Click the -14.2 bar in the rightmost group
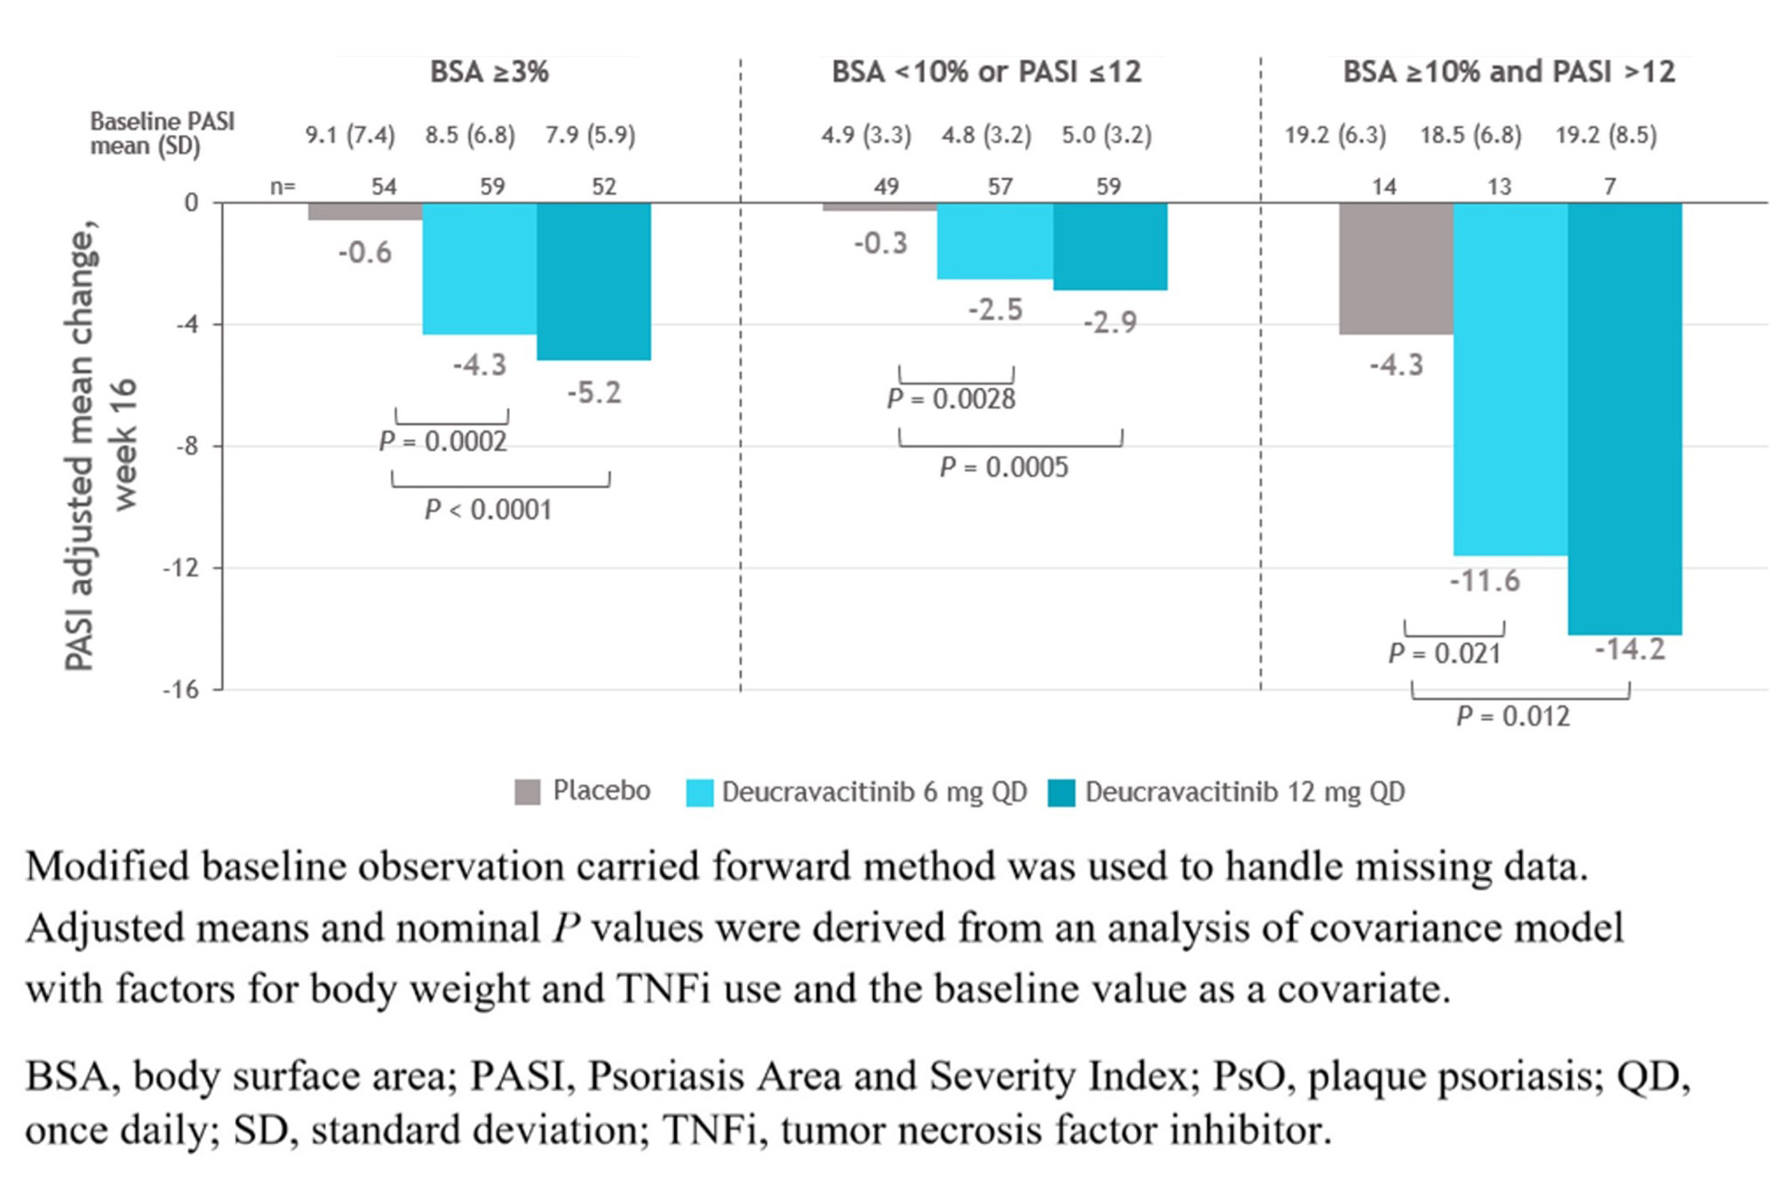point(1624,418)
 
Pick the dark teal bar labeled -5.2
point(594,281)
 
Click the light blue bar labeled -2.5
point(994,241)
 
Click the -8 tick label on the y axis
point(185,446)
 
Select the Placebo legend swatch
point(527,792)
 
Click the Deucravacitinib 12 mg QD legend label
point(1244,792)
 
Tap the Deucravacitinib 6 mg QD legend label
point(873,792)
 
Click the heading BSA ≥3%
point(489,72)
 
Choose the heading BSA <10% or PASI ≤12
point(986,72)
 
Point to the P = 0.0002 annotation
point(442,442)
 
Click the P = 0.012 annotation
point(1512,716)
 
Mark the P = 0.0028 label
point(951,399)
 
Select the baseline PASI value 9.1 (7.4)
point(350,135)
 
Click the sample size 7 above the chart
point(1609,187)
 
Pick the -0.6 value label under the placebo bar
point(364,252)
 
